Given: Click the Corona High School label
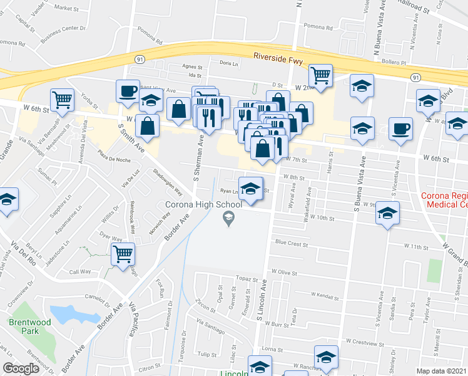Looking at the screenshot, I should pos(203,204).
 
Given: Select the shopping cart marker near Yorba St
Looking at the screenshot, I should pos(63,99).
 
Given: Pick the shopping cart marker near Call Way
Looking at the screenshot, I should pos(123,254).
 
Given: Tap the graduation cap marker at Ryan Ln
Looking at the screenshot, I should pos(250,189).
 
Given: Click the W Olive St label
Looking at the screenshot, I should pos(285,273).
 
